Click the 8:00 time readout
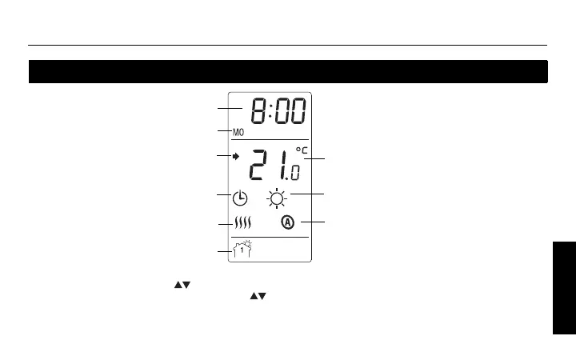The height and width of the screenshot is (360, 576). (x=277, y=111)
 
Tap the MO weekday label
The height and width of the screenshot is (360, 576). (x=238, y=133)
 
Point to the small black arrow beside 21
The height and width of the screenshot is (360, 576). (x=236, y=157)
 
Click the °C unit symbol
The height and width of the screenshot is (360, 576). (x=301, y=150)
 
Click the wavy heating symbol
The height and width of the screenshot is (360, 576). (x=241, y=225)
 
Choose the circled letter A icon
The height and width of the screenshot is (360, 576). (x=288, y=222)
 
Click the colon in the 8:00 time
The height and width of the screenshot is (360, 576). (x=270, y=112)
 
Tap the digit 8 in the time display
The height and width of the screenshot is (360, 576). (x=258, y=111)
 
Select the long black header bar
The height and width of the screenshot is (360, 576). (x=288, y=72)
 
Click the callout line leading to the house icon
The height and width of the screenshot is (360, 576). (x=225, y=253)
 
